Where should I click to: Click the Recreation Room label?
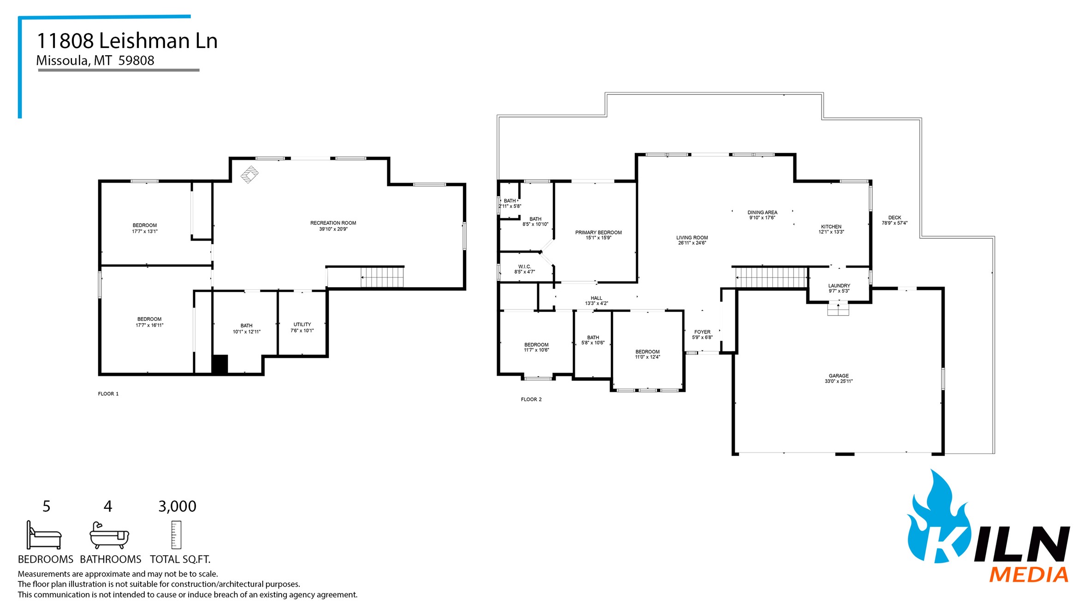(x=333, y=223)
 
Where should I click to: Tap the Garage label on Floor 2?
(x=838, y=376)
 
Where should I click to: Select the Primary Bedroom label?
(x=598, y=232)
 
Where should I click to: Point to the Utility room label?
(x=302, y=324)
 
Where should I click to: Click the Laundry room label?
(x=839, y=286)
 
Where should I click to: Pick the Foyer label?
(x=702, y=332)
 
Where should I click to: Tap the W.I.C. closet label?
(x=525, y=266)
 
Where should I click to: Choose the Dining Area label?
(x=762, y=212)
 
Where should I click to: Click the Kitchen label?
(x=831, y=227)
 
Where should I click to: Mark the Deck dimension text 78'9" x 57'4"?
(x=895, y=223)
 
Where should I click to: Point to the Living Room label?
(x=692, y=238)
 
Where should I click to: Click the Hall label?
(x=596, y=298)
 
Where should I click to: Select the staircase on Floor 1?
(x=382, y=277)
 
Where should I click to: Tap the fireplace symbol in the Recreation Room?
(x=249, y=175)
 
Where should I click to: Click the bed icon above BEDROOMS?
(x=44, y=535)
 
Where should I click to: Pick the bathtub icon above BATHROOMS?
(x=109, y=536)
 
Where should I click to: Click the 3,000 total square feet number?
(x=177, y=507)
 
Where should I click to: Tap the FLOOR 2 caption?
(x=531, y=399)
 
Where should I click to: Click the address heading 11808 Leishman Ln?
(x=127, y=41)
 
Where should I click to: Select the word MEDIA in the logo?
(x=1029, y=575)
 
